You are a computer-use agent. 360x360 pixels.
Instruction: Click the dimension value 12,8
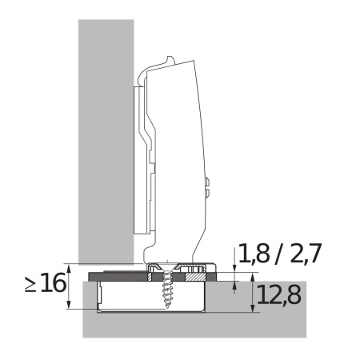[x=279, y=294]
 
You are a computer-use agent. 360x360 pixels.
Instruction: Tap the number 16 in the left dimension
[x=54, y=282]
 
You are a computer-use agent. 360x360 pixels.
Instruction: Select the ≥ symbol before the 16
[x=30, y=284]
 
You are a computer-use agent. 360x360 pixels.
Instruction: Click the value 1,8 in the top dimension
[x=254, y=253]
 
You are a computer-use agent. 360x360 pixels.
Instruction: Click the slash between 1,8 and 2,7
[x=278, y=254]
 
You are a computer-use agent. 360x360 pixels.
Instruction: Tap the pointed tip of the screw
[x=167, y=308]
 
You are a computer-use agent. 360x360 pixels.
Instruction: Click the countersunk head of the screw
[x=166, y=267]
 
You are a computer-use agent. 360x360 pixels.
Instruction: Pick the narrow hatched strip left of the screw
[x=150, y=277]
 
